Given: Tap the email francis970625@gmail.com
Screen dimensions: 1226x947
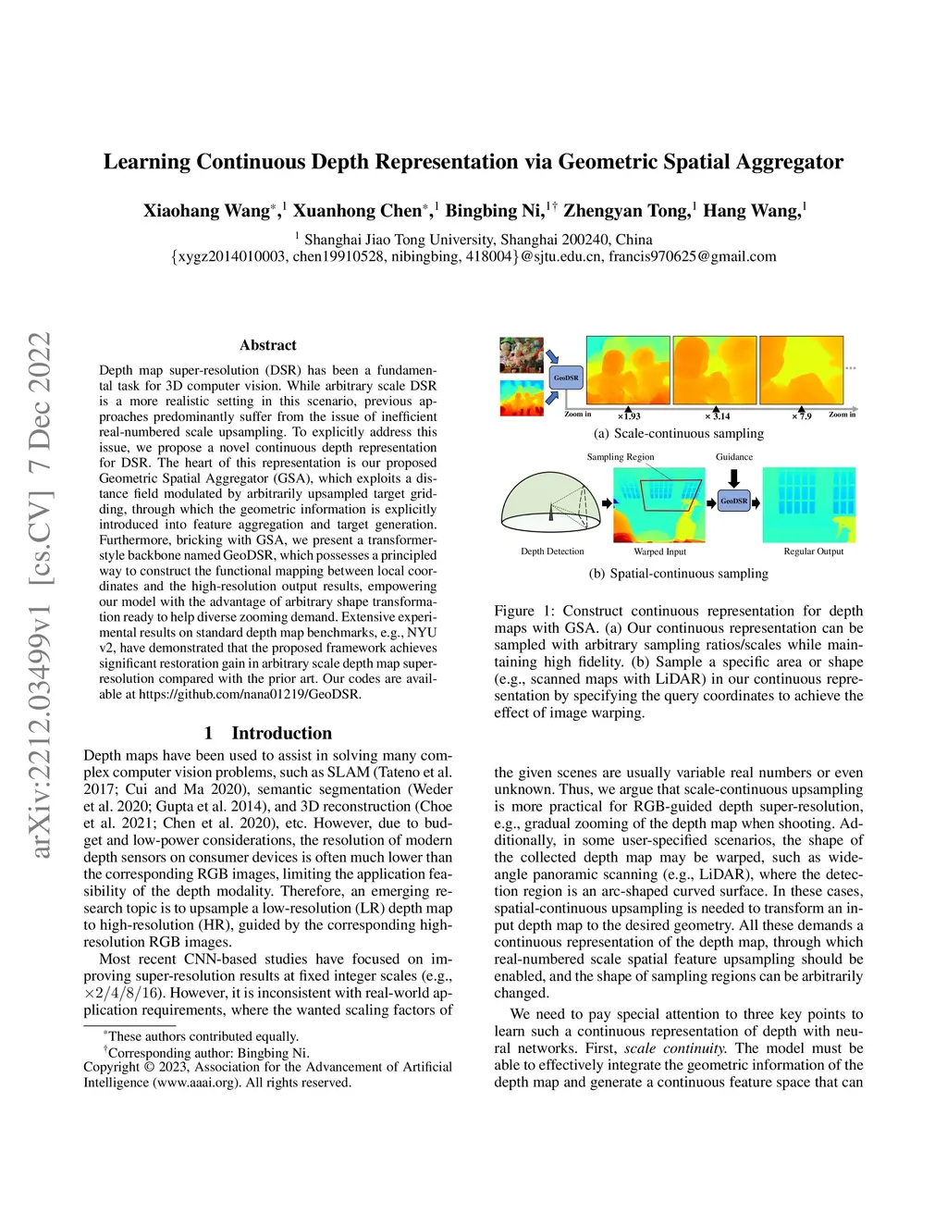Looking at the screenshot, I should pos(692,256).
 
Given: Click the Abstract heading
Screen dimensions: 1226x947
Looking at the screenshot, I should pos(268,345).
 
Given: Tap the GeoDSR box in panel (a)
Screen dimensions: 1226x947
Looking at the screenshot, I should pos(566,378).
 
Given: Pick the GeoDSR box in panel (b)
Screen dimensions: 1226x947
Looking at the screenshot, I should pos(733,502).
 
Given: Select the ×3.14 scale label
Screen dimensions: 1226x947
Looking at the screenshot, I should pos(718,416).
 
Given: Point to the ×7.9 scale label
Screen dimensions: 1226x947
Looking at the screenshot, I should pos(802,416).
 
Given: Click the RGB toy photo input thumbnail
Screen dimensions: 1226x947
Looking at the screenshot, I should pos(522,355).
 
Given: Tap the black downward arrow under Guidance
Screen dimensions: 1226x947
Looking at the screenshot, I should pos(734,477).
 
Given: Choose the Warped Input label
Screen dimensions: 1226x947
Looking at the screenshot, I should pos(659,551).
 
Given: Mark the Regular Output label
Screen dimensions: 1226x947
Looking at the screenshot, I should pos(813,551).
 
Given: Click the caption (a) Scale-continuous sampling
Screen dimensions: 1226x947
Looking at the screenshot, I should pos(679,433).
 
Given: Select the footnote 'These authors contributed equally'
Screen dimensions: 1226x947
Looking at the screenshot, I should pos(203,1036).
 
